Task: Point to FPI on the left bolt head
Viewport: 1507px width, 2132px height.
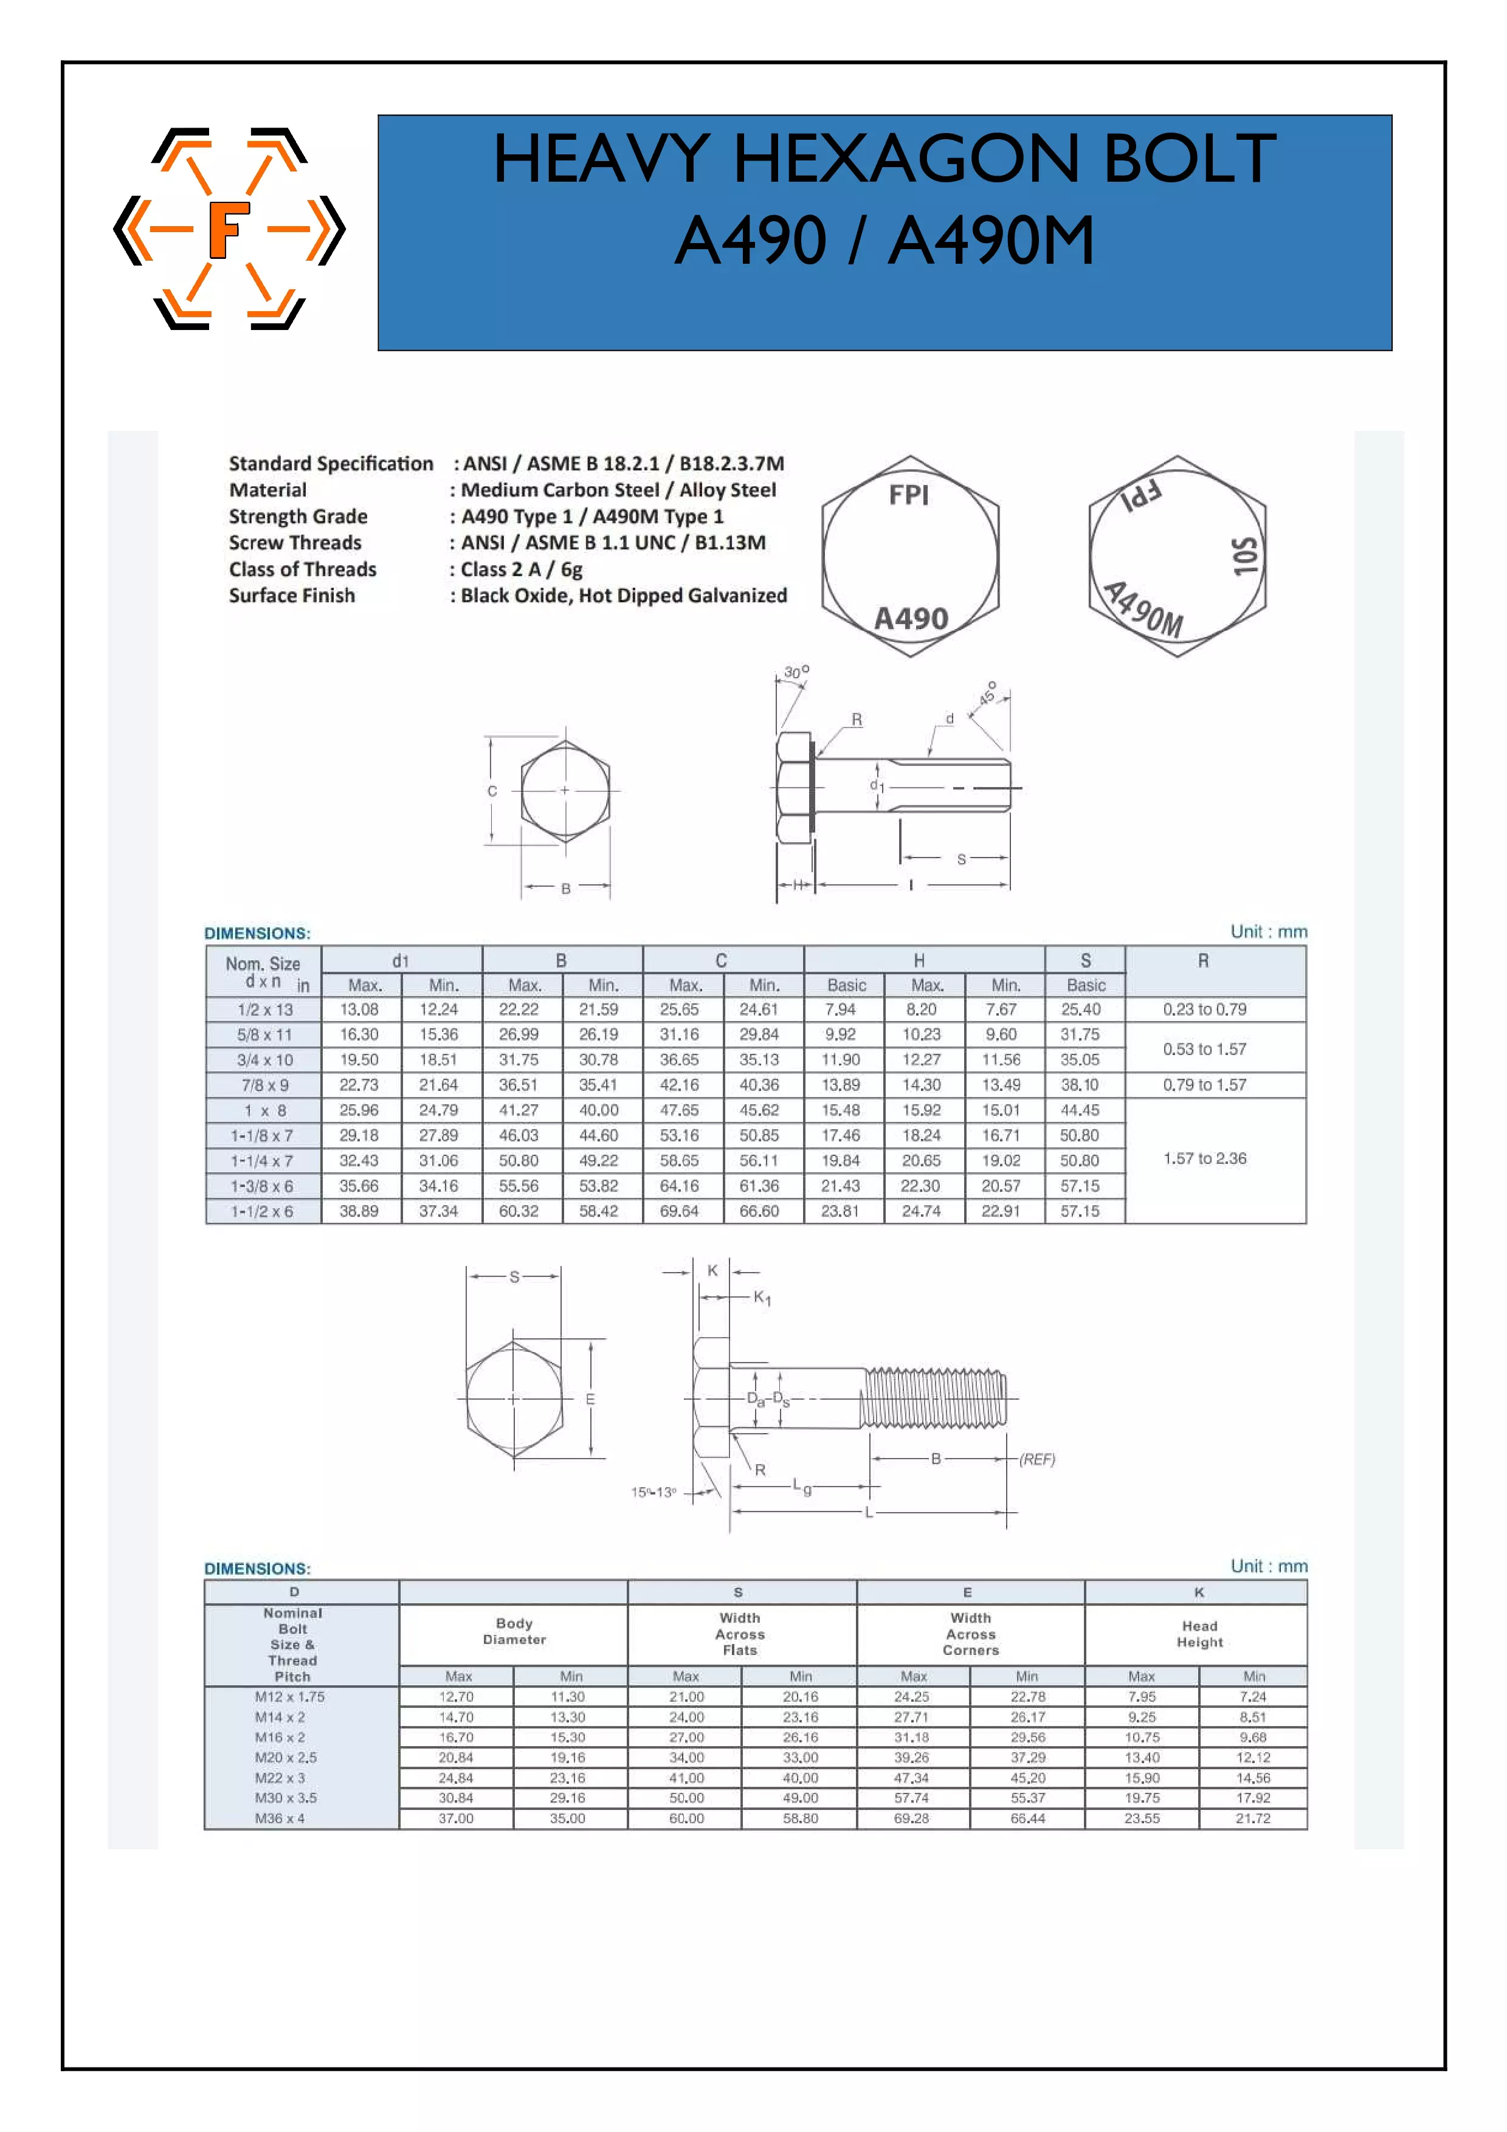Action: [908, 495]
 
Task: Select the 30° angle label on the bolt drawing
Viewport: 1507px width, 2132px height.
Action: [796, 672]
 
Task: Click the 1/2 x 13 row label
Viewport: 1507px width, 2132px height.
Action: [264, 1009]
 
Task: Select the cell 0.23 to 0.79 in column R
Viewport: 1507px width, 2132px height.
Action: [1204, 1009]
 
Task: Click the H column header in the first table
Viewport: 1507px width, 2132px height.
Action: [919, 960]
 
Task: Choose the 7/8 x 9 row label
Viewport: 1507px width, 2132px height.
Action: [264, 1085]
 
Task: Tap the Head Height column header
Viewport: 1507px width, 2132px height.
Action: [1199, 1634]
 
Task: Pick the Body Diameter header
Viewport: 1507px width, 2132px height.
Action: [514, 1631]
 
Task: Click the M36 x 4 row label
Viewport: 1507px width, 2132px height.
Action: [280, 1818]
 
